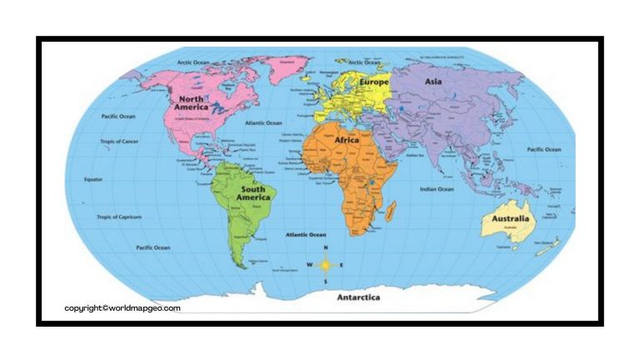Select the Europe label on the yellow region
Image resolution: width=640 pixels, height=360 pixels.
[376, 82]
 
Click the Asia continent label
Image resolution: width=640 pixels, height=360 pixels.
[433, 82]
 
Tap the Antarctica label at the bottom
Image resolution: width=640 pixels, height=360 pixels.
[359, 297]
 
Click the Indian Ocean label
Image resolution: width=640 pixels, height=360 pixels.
[437, 189]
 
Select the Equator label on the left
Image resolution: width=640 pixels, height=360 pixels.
[93, 178]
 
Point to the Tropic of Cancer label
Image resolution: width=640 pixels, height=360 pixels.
[120, 141]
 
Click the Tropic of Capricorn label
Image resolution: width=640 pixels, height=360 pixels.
[120, 217]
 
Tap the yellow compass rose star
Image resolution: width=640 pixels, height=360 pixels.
[325, 265]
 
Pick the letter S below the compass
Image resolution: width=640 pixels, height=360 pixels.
[325, 281]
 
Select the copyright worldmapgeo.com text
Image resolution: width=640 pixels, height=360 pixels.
[122, 307]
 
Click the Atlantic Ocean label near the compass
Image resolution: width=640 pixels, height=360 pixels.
[307, 235]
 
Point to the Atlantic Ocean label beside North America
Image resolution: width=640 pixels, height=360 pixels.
[263, 123]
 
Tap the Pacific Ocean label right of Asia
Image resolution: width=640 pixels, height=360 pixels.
[544, 149]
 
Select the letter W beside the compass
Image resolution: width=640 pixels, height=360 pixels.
[309, 266]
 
